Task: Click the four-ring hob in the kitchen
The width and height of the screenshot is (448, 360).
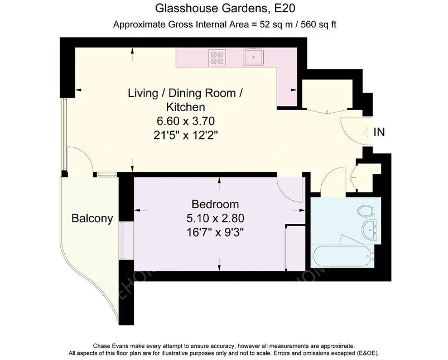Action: pyautogui.click(x=217, y=57)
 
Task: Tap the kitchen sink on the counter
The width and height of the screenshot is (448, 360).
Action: pyautogui.click(x=253, y=57)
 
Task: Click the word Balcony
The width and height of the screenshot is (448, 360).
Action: pyautogui.click(x=92, y=218)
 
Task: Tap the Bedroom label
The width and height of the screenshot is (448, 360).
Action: pyautogui.click(x=215, y=204)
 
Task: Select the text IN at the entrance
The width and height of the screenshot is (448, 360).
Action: pyautogui.click(x=379, y=132)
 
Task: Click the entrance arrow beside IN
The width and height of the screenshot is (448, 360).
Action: pyautogui.click(x=367, y=132)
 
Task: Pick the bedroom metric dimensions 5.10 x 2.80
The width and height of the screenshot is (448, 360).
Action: pyautogui.click(x=215, y=218)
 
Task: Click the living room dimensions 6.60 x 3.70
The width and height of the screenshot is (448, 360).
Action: pyautogui.click(x=186, y=121)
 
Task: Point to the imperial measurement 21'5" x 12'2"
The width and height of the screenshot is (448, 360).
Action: pyautogui.click(x=186, y=135)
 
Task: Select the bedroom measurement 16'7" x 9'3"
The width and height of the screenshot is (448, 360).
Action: pyautogui.click(x=215, y=232)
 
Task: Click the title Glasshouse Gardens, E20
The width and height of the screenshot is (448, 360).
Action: pyautogui.click(x=225, y=8)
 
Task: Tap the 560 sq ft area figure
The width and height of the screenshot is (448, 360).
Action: pyautogui.click(x=317, y=25)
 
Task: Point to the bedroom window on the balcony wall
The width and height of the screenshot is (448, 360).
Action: pyautogui.click(x=123, y=241)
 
